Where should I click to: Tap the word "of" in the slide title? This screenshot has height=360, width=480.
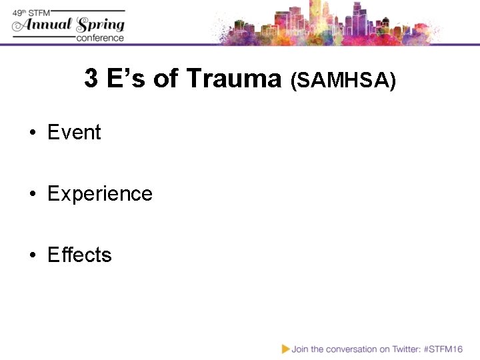coord(166,79)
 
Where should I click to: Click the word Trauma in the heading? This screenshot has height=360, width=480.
coord(234,79)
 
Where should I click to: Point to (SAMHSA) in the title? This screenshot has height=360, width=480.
coord(343,81)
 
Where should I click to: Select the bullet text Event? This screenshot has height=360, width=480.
coord(74,133)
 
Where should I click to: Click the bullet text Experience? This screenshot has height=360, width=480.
coord(100,194)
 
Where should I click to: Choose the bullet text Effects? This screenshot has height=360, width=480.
coord(79,255)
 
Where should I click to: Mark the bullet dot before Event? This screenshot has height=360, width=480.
coord(32,133)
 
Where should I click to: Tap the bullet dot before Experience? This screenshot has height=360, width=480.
coord(32,195)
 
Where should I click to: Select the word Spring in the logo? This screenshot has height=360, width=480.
coord(101,25)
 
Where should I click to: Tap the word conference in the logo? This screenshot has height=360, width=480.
coord(100,38)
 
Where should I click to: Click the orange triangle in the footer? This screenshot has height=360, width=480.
coord(285,348)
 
